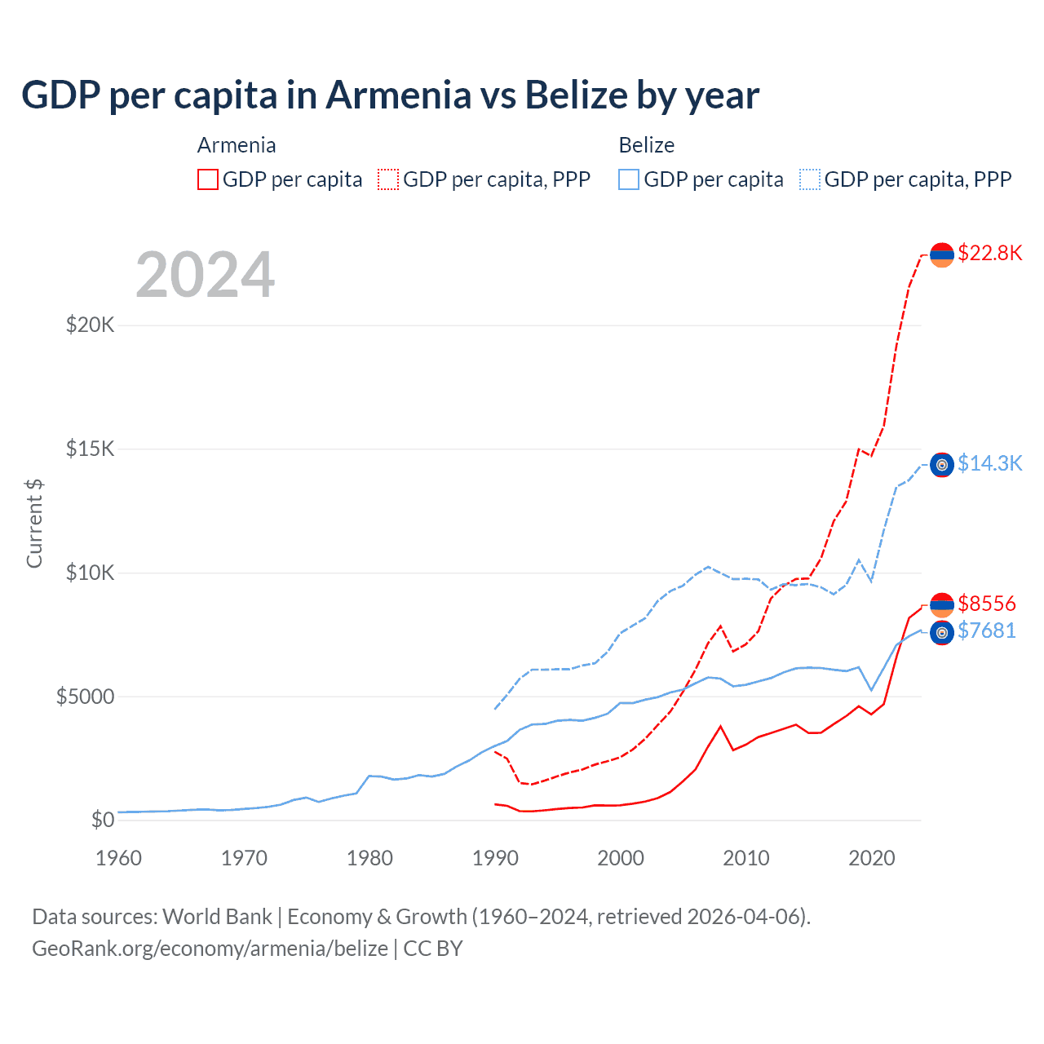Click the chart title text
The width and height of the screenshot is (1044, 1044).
coord(390,95)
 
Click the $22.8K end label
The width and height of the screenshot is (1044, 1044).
coord(989,253)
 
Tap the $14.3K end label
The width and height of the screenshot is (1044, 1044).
coord(989,463)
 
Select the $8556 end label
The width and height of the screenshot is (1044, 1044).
coord(986,604)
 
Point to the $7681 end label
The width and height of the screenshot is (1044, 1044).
coord(986,630)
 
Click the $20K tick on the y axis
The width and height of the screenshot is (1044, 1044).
coord(90,325)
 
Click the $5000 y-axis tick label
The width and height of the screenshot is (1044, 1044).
coord(85,696)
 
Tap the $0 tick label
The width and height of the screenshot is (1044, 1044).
coord(102,819)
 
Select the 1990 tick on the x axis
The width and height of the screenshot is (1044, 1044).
coord(495,858)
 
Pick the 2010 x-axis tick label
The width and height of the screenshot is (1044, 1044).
coord(746,858)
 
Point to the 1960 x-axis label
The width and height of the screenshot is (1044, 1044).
coord(119,858)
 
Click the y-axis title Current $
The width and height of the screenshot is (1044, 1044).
coord(34,523)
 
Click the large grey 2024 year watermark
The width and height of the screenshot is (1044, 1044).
coord(206,275)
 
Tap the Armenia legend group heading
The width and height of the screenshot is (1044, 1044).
coord(237,145)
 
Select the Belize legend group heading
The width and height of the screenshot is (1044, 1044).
coord(646,145)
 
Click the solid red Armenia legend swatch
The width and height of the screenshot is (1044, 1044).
coord(208,179)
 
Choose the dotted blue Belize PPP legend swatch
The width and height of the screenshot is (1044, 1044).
coord(810,179)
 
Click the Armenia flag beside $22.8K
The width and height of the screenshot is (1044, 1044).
coord(942,255)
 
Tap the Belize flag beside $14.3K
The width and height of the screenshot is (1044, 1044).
coord(942,465)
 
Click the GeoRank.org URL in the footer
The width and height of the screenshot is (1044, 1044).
coord(210,949)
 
